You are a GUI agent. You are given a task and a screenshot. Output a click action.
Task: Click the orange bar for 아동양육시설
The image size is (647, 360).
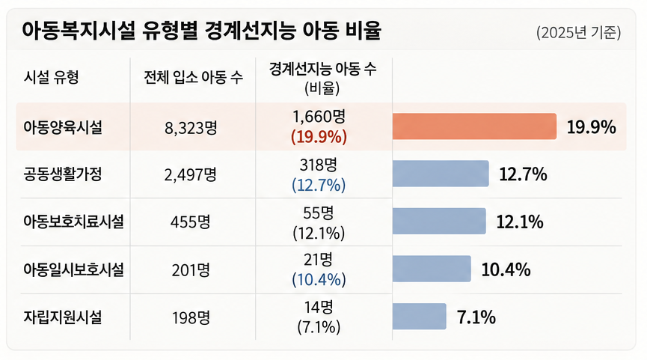coord(474,126)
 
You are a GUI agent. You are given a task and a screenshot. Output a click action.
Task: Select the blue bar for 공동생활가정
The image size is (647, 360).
coord(441,174)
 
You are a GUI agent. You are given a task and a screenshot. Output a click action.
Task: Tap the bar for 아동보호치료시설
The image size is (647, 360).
coord(439,222)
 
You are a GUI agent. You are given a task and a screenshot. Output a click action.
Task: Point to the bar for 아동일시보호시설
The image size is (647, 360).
coord(432,269)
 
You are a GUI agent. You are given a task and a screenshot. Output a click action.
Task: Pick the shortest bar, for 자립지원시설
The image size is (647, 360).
coord(419,317)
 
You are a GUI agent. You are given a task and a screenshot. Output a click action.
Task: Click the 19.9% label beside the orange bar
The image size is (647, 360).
coord(592,127)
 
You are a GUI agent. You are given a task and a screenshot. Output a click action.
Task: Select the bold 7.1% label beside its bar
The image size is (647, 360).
coord(476,317)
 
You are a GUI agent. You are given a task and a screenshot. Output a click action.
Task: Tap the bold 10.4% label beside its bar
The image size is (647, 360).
coord(506,269)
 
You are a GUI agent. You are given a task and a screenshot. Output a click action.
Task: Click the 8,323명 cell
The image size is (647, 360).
coord(191,128)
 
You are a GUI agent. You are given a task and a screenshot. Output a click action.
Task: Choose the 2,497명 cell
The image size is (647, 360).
coord(190,175)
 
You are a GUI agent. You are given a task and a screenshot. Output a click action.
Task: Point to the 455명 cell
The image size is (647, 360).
coord(190,222)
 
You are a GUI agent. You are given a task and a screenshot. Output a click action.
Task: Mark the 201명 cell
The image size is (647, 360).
coord(191,270)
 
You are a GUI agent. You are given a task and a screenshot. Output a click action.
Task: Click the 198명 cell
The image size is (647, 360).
coord(191,318)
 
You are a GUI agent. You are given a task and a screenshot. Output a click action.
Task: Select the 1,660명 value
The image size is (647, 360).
coord(319,117)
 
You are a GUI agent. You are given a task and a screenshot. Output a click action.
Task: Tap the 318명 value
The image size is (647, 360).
coord(319,165)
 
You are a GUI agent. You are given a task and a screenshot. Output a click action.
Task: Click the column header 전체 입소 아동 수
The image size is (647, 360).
coord(193,77)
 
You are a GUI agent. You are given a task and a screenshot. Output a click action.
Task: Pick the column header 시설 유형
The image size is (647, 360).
coord(51,77)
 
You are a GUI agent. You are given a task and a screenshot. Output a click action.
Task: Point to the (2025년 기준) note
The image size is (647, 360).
coord(578,33)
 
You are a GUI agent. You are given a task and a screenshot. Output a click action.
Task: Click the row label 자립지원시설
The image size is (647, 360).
coord(62,317)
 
